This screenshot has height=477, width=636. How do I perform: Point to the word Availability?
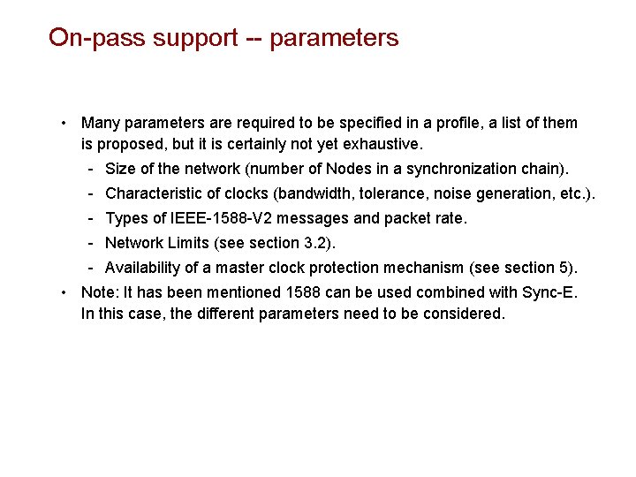[x=141, y=268]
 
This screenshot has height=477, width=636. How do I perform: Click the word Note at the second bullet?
[x=97, y=292]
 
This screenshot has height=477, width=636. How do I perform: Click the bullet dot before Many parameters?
[x=64, y=123]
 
